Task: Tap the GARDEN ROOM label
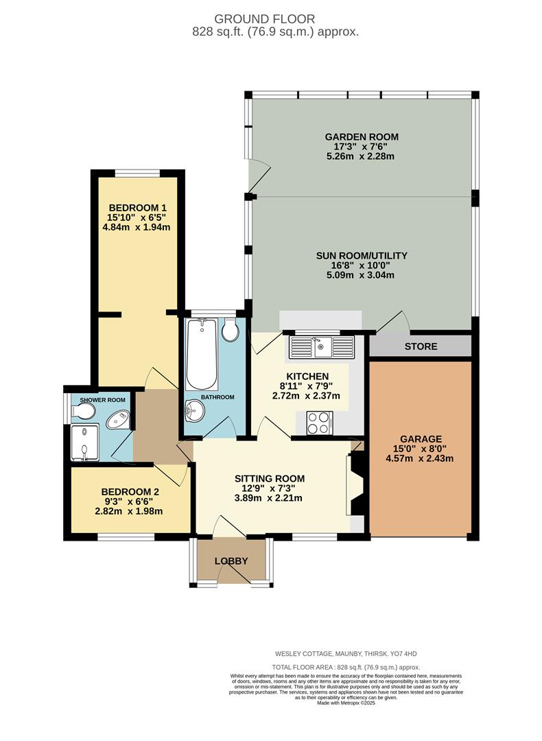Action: tap(361, 137)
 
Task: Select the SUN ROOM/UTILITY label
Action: tap(361, 256)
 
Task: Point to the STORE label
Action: tap(421, 346)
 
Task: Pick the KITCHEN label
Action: tap(307, 377)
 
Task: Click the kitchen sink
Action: tap(322, 346)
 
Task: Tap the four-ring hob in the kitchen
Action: tap(319, 422)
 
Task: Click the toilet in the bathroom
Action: tap(230, 330)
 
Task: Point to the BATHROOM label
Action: tap(217, 397)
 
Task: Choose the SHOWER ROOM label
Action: tap(102, 400)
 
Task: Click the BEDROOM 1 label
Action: tap(138, 208)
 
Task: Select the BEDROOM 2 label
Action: tap(130, 492)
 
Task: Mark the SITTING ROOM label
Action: tap(269, 478)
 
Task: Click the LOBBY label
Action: tap(231, 561)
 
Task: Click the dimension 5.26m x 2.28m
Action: tap(361, 156)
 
